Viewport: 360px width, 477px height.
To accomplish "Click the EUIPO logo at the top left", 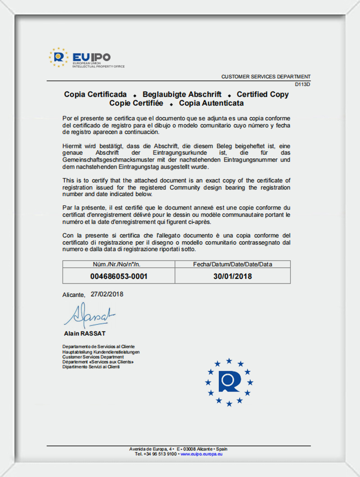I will pyautogui.click(x=85, y=58).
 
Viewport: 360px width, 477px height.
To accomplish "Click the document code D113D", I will pyautogui.click(x=303, y=84).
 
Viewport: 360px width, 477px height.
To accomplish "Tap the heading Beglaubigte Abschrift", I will pyautogui.click(x=182, y=94).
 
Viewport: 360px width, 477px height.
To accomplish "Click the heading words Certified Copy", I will pyautogui.click(x=263, y=94).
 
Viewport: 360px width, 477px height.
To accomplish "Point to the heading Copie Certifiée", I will pyautogui.click(x=136, y=103).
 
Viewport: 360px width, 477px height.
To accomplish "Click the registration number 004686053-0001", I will pyautogui.click(x=119, y=276).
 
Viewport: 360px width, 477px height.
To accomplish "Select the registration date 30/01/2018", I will pyautogui.click(x=233, y=276).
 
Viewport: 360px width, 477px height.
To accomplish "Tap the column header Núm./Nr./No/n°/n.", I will pyautogui.click(x=119, y=264).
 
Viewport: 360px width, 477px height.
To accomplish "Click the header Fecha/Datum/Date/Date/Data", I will pyautogui.click(x=233, y=264).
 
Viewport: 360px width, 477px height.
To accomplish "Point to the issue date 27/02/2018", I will pyautogui.click(x=107, y=294).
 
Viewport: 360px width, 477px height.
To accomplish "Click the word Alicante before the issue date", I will pyautogui.click(x=73, y=295).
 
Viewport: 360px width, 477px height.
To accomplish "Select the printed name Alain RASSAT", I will pyautogui.click(x=85, y=333).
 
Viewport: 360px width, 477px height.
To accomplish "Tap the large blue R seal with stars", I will pyautogui.click(x=229, y=382).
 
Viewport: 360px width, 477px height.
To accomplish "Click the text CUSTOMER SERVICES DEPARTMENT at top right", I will pyautogui.click(x=265, y=77).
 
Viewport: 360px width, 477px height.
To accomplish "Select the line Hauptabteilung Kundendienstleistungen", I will pyautogui.click(x=101, y=351).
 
